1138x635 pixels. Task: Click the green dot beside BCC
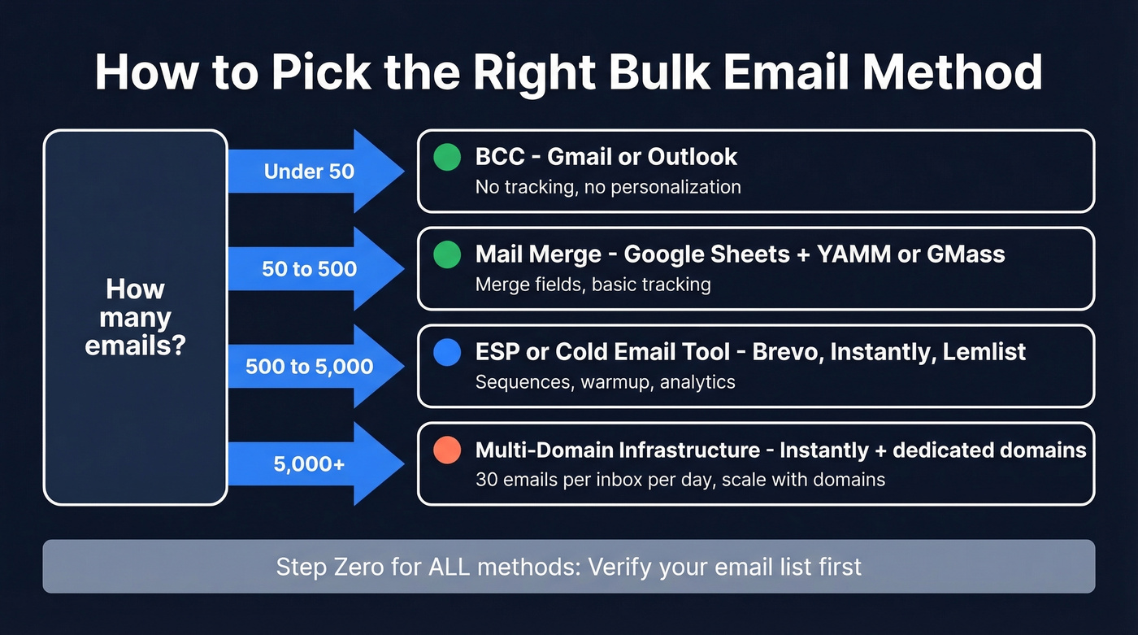pyautogui.click(x=447, y=158)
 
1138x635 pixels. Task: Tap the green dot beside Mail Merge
pyautogui.click(x=447, y=255)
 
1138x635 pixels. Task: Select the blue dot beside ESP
pyautogui.click(x=447, y=353)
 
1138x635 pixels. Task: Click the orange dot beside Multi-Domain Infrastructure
pyautogui.click(x=447, y=450)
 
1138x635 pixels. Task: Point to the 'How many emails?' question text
pyautogui.click(x=135, y=317)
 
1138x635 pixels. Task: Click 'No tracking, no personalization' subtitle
pyautogui.click(x=608, y=187)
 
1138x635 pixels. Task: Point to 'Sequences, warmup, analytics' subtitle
pyautogui.click(x=605, y=382)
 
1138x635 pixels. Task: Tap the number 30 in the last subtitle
pyautogui.click(x=486, y=480)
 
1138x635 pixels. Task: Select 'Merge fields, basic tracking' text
pyautogui.click(x=593, y=285)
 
